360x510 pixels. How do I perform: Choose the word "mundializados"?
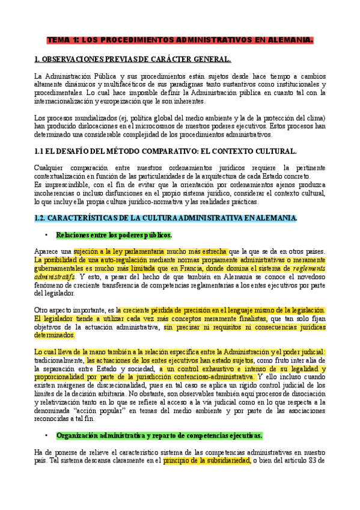coord(83,118)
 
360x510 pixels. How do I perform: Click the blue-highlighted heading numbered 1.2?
coord(165,217)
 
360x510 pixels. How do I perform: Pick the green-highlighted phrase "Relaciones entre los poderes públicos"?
coord(114,235)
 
